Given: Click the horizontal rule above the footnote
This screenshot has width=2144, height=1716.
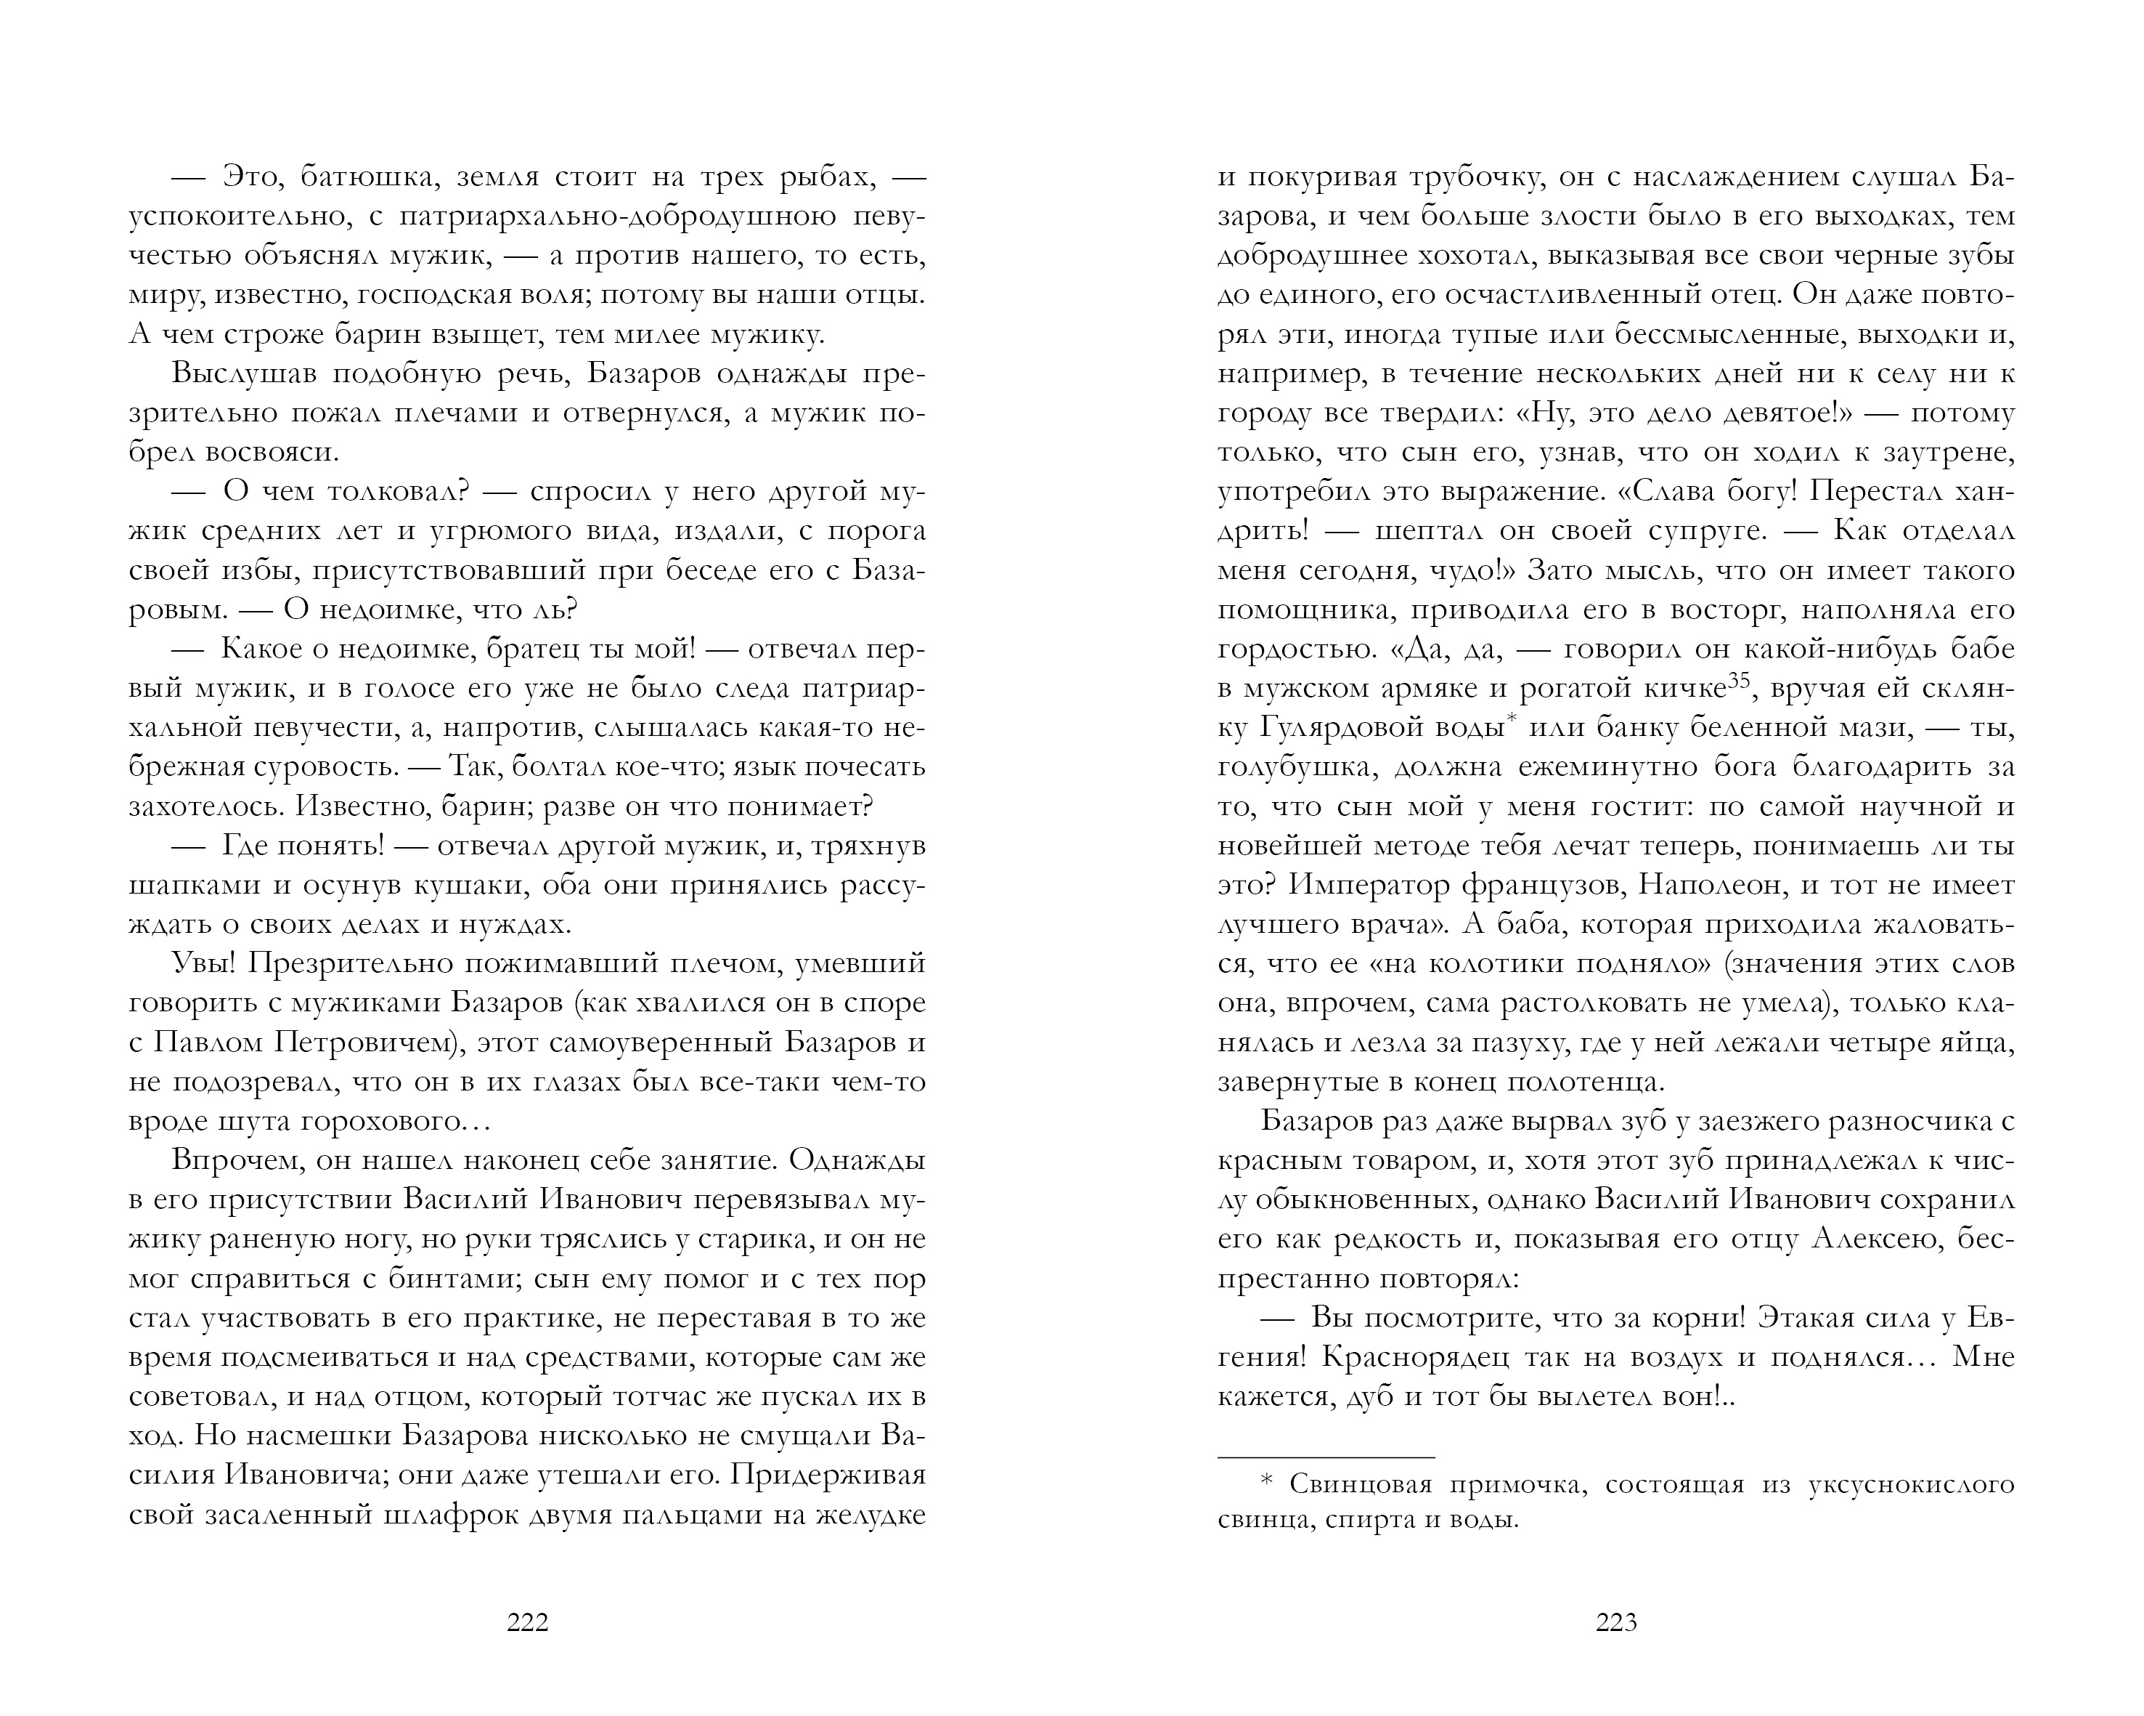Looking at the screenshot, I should pos(1326,1457).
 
